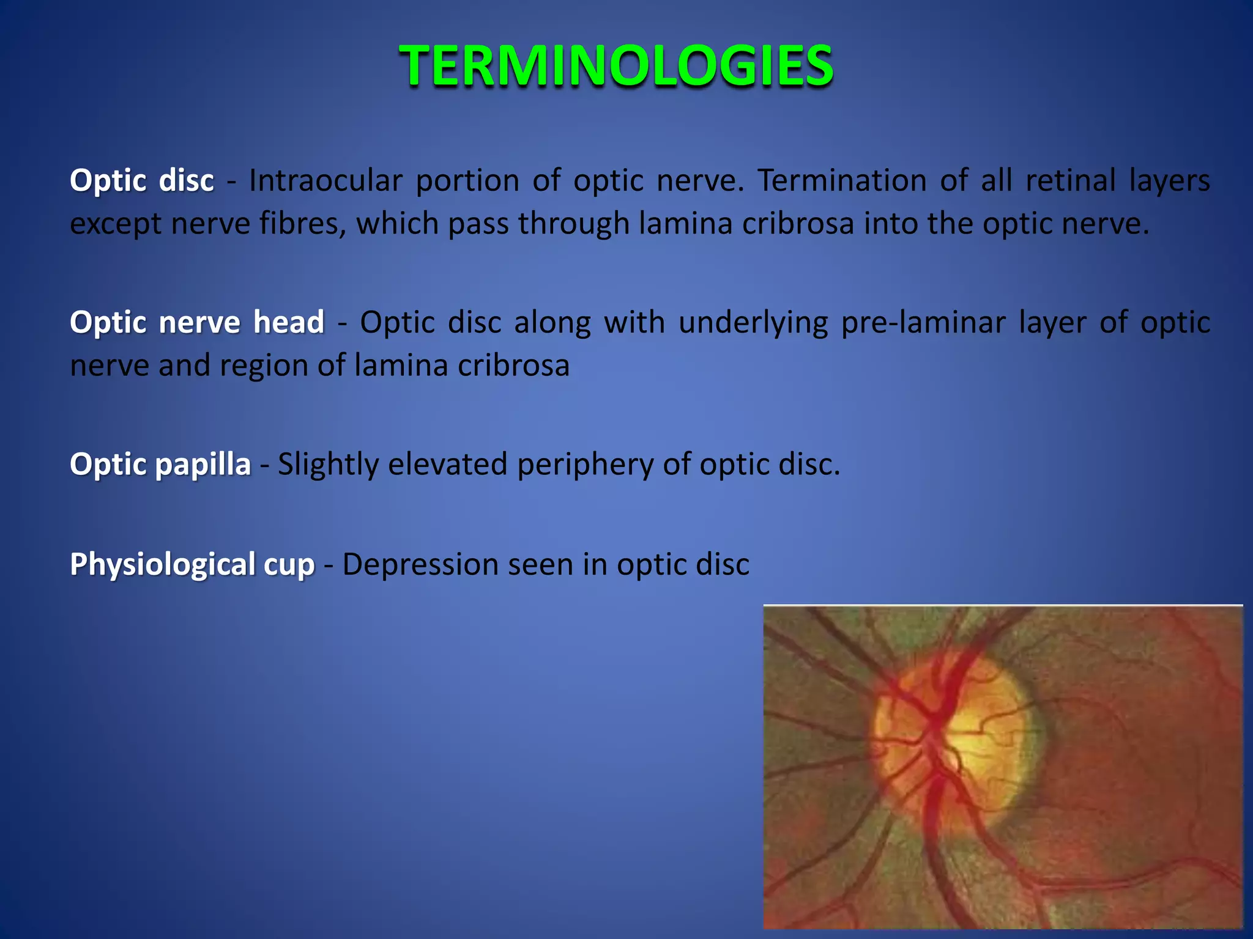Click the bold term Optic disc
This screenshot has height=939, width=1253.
coord(142,181)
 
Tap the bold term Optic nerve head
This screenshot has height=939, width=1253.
coord(197,322)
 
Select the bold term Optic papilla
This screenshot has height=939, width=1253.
coord(160,465)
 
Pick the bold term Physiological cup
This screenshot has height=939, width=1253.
coord(192,564)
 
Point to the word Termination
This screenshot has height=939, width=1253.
coord(842,181)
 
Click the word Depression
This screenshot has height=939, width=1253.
coord(420,564)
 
